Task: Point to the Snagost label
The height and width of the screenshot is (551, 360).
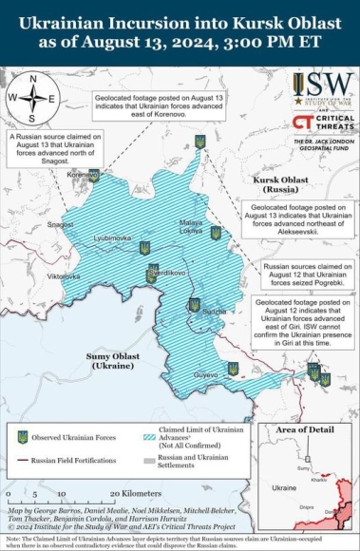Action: tap(61, 224)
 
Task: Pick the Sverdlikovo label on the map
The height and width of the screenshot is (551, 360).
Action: tap(165, 272)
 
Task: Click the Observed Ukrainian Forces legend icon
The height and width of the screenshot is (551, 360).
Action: tap(22, 438)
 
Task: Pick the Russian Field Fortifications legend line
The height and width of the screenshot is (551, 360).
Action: tap(22, 460)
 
